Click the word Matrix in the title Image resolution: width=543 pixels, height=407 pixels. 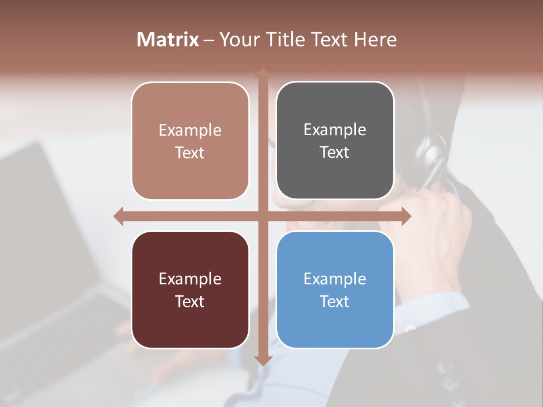(x=167, y=40)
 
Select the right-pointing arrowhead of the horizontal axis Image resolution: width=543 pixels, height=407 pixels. (x=406, y=216)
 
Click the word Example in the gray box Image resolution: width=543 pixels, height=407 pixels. (x=335, y=130)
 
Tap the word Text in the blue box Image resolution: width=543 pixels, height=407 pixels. (x=335, y=301)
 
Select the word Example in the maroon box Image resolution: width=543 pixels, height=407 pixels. (x=190, y=279)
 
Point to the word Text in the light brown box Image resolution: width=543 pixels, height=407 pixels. (x=190, y=153)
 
